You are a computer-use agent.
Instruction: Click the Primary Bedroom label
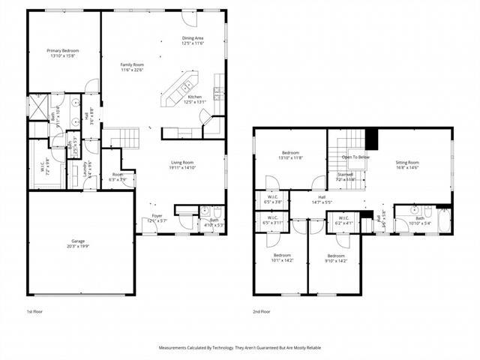click(x=62, y=50)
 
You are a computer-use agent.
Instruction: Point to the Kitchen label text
click(x=194, y=97)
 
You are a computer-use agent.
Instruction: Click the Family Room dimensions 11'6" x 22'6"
click(x=133, y=70)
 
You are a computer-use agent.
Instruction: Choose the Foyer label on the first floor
click(x=156, y=216)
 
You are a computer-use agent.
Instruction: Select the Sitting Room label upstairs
click(x=407, y=162)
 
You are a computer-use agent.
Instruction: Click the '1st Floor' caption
click(x=35, y=311)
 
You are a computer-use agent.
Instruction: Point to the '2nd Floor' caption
click(x=262, y=311)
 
